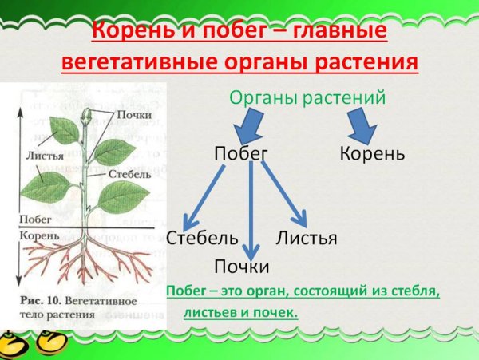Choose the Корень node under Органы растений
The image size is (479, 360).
372,152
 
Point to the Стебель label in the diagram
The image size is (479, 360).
202,237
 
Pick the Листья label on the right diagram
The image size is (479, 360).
307,237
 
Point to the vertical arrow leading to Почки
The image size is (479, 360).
251,208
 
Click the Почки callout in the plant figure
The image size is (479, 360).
133,116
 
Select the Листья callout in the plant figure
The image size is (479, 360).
44,156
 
